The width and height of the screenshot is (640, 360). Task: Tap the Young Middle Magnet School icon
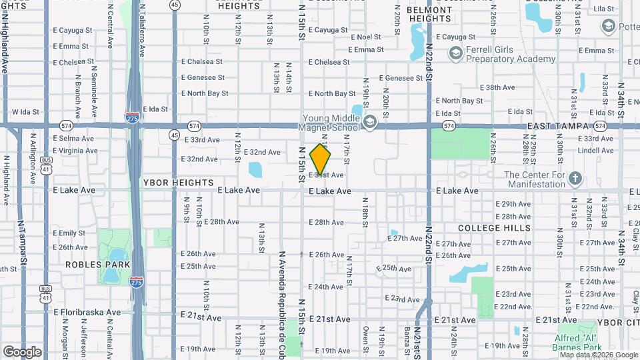[x=370, y=121]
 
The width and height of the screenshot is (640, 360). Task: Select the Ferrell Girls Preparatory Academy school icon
[x=456, y=53]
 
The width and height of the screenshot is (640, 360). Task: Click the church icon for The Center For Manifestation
[x=576, y=179]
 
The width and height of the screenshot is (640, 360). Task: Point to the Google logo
[x=22, y=351]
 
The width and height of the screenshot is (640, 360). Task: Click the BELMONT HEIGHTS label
[x=429, y=14]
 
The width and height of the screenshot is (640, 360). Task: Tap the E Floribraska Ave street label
[x=87, y=311]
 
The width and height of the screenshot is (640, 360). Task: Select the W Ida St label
[x=26, y=112]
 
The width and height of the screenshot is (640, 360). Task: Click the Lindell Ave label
[x=577, y=151]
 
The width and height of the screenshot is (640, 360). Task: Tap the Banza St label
[x=407, y=338]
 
